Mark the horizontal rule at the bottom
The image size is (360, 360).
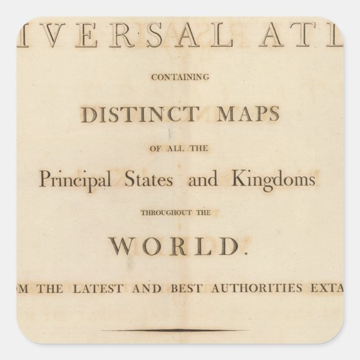click(180, 330)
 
